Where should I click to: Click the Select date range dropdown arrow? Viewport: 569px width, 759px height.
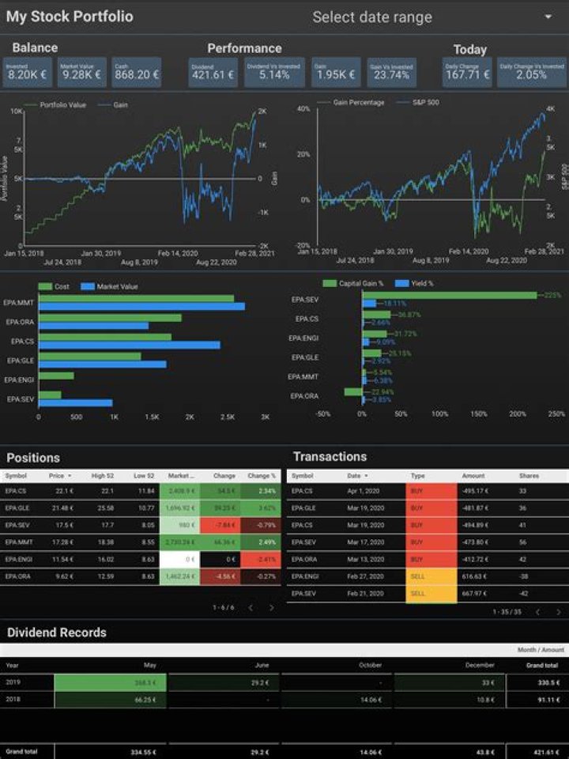pyautogui.click(x=548, y=17)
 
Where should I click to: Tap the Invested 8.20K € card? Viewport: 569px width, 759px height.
pyautogui.click(x=28, y=72)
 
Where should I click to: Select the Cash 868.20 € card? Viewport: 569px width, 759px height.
pyautogui.click(x=136, y=72)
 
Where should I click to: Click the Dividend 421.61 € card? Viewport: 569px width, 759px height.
pyautogui.click(x=213, y=72)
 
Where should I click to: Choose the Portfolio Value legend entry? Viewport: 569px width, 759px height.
pyautogui.click(x=59, y=104)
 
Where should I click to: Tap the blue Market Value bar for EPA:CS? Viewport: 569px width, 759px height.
pyautogui.click(x=129, y=345)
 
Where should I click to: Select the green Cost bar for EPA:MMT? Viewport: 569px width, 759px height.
pyautogui.click(x=136, y=298)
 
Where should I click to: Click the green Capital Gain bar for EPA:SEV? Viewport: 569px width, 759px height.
pyautogui.click(x=449, y=295)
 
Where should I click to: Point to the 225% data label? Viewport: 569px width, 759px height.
pyautogui.click(x=552, y=295)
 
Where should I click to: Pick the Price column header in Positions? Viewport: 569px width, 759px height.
pyautogui.click(x=56, y=476)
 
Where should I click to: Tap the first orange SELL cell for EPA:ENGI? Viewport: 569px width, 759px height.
pyautogui.click(x=431, y=576)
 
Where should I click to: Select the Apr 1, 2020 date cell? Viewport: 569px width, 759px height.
pyautogui.click(x=364, y=491)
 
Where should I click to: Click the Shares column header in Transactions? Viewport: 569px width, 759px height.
pyautogui.click(x=529, y=476)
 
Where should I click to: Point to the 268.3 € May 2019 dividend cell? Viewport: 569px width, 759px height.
pyautogui.click(x=110, y=682)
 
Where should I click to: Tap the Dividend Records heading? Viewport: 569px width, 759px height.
pyautogui.click(x=57, y=632)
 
